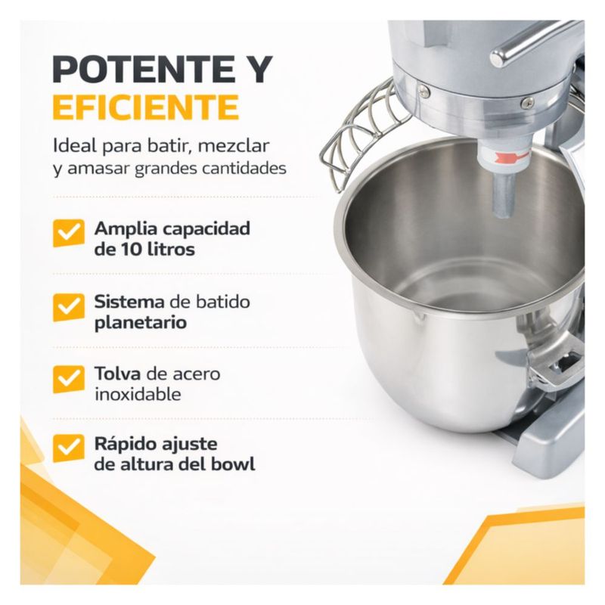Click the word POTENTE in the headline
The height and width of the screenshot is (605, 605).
144,70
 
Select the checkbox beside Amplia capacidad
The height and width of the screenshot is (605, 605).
68,233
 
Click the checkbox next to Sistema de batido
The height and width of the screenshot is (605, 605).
68,307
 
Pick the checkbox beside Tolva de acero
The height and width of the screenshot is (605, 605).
68,380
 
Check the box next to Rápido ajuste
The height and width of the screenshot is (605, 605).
68,448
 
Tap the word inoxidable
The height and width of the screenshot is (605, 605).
138,394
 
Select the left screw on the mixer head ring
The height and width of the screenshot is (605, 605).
424,90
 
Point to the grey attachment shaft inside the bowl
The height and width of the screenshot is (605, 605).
504,195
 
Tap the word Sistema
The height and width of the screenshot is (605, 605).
129,301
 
